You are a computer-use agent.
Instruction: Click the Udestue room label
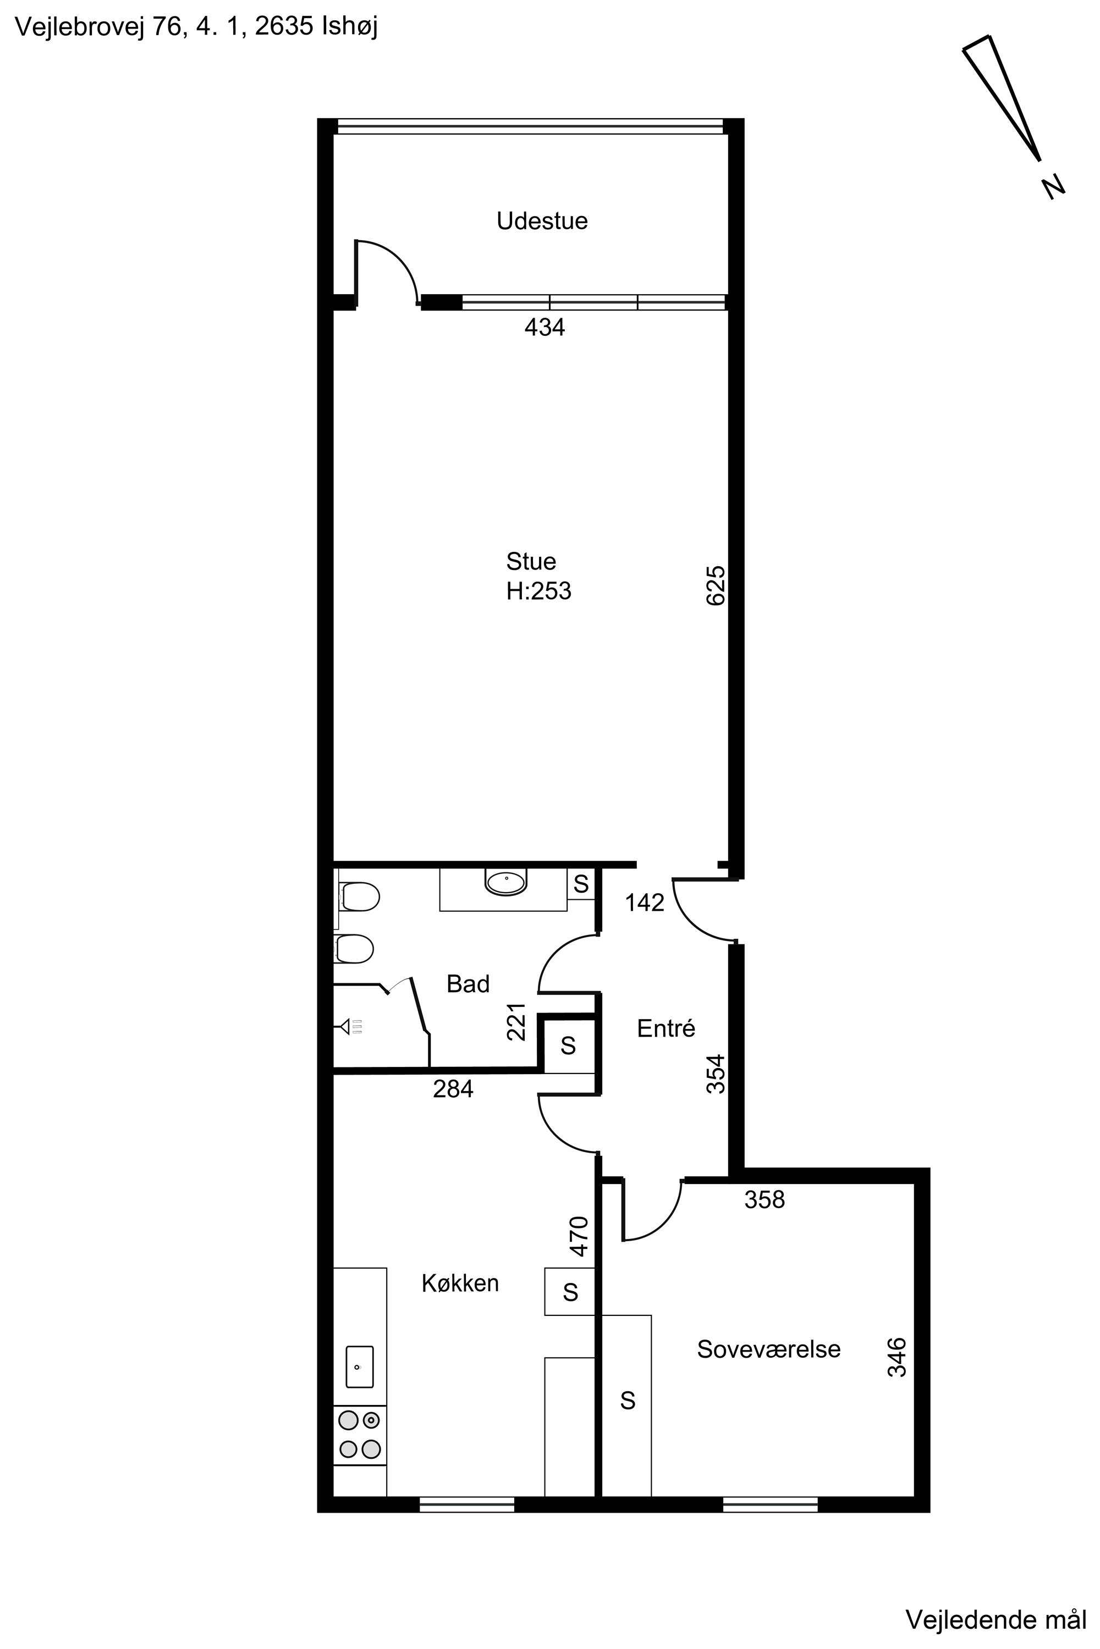pyautogui.click(x=542, y=221)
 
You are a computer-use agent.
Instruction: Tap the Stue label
pyautogui.click(x=531, y=562)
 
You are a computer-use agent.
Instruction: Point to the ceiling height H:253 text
pyautogui.click(x=539, y=592)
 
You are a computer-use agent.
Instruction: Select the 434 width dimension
pyautogui.click(x=544, y=328)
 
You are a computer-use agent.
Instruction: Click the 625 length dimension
pyautogui.click(x=716, y=585)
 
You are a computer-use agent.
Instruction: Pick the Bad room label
pyautogui.click(x=468, y=984)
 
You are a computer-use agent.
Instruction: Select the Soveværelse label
pyautogui.click(x=769, y=1349)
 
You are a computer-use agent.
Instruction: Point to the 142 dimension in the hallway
pyautogui.click(x=645, y=903)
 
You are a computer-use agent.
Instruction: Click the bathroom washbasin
pyautogui.click(x=506, y=883)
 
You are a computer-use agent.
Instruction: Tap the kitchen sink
pyautogui.click(x=359, y=1366)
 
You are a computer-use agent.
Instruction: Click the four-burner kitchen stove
pyautogui.click(x=359, y=1435)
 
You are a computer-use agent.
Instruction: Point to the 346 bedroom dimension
pyautogui.click(x=897, y=1357)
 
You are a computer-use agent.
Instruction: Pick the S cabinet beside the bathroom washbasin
pyautogui.click(x=581, y=884)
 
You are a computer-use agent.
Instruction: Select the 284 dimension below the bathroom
pyautogui.click(x=453, y=1089)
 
